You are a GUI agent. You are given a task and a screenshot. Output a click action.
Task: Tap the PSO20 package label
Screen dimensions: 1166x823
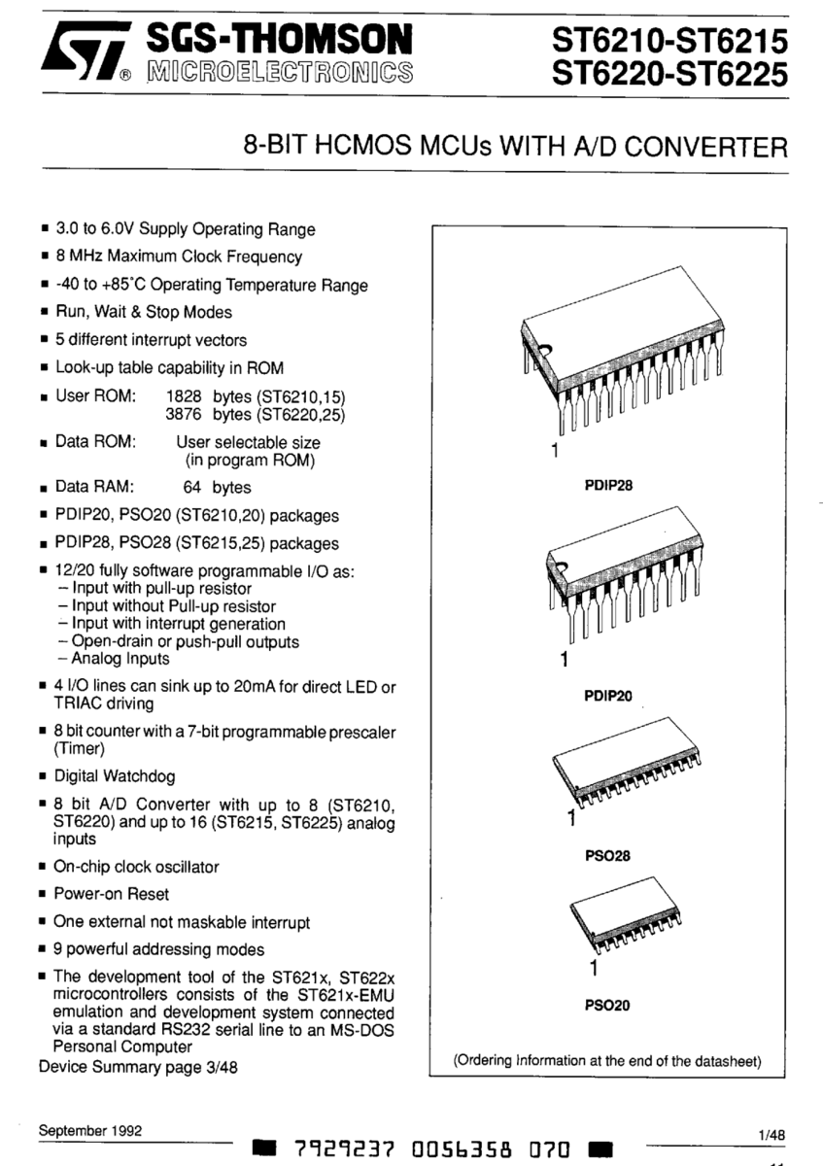click(608, 1006)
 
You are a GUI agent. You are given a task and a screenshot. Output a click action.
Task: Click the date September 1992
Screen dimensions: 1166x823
click(90, 1130)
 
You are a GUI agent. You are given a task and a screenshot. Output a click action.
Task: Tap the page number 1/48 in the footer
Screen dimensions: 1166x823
click(775, 1134)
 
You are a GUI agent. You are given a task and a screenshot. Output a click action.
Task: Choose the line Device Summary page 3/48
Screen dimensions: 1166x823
click(138, 1067)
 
